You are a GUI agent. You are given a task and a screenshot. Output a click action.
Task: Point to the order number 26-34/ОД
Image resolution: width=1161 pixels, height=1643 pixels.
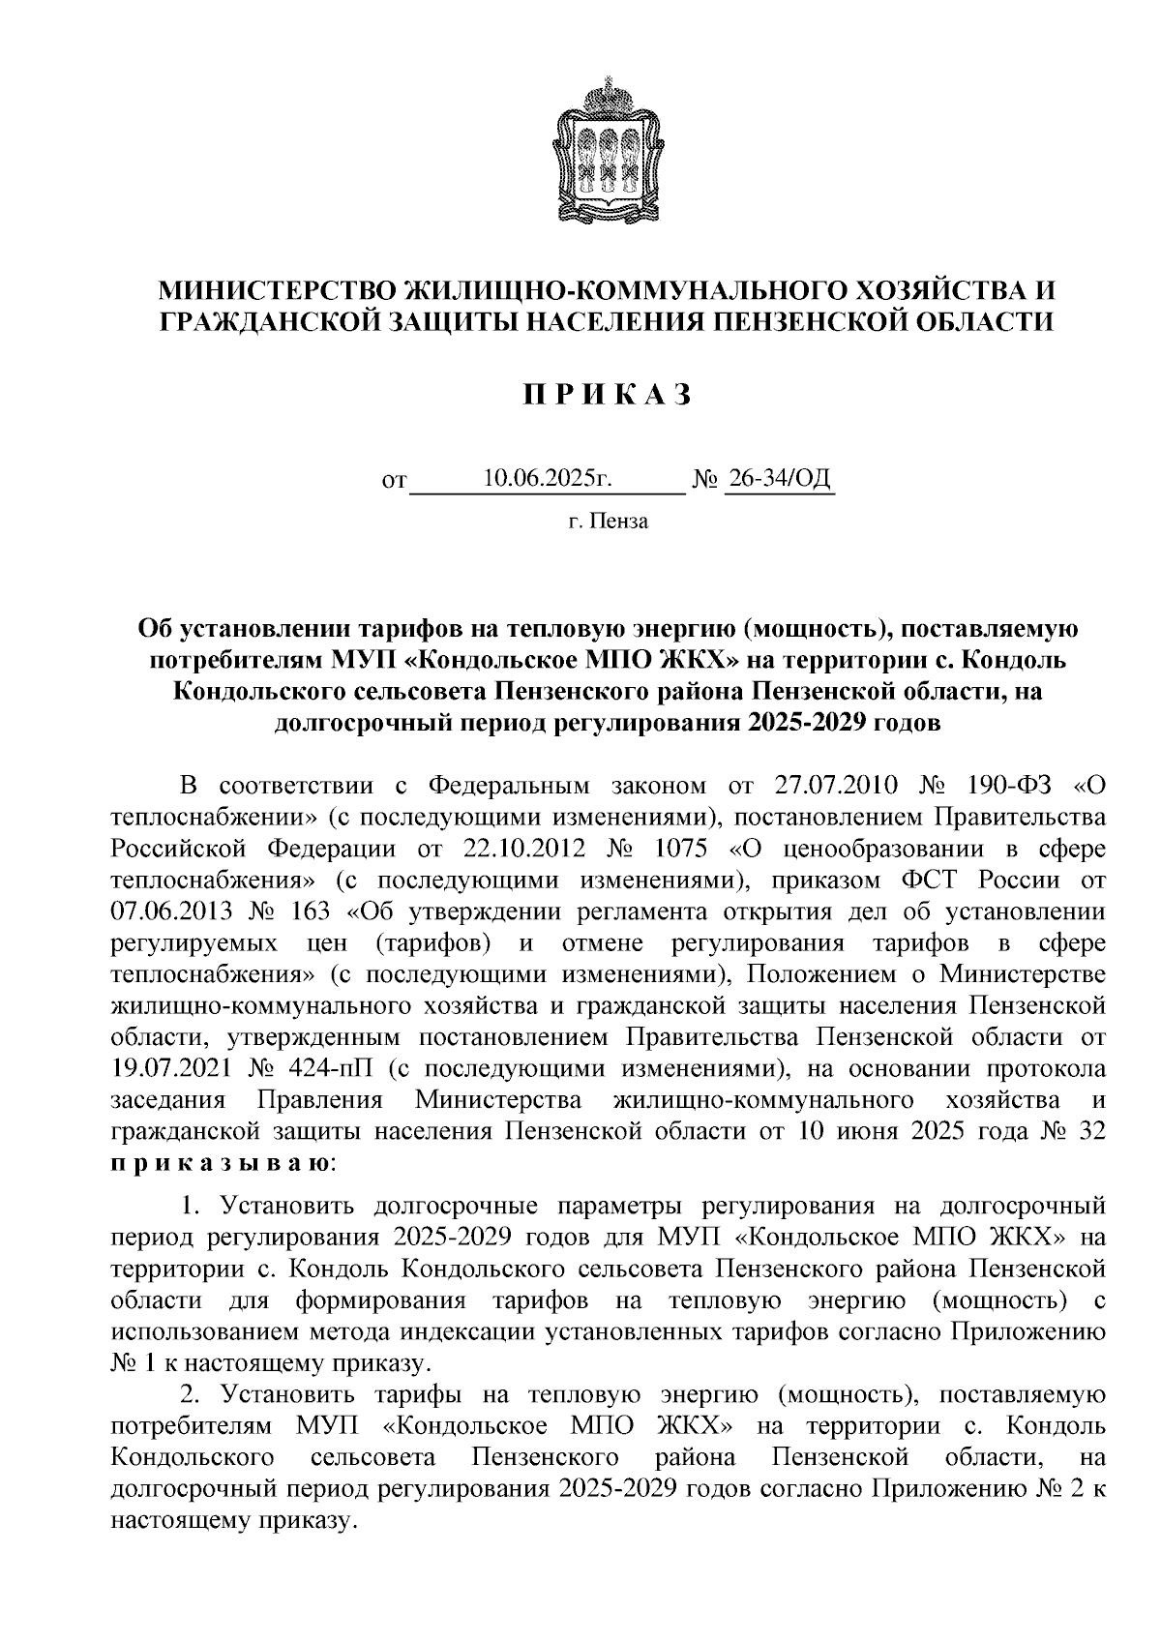(x=780, y=477)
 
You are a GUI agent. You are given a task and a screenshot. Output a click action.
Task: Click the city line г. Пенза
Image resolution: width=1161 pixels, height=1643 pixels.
(x=608, y=523)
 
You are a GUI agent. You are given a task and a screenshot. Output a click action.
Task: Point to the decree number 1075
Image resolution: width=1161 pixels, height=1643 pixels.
(x=686, y=849)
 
